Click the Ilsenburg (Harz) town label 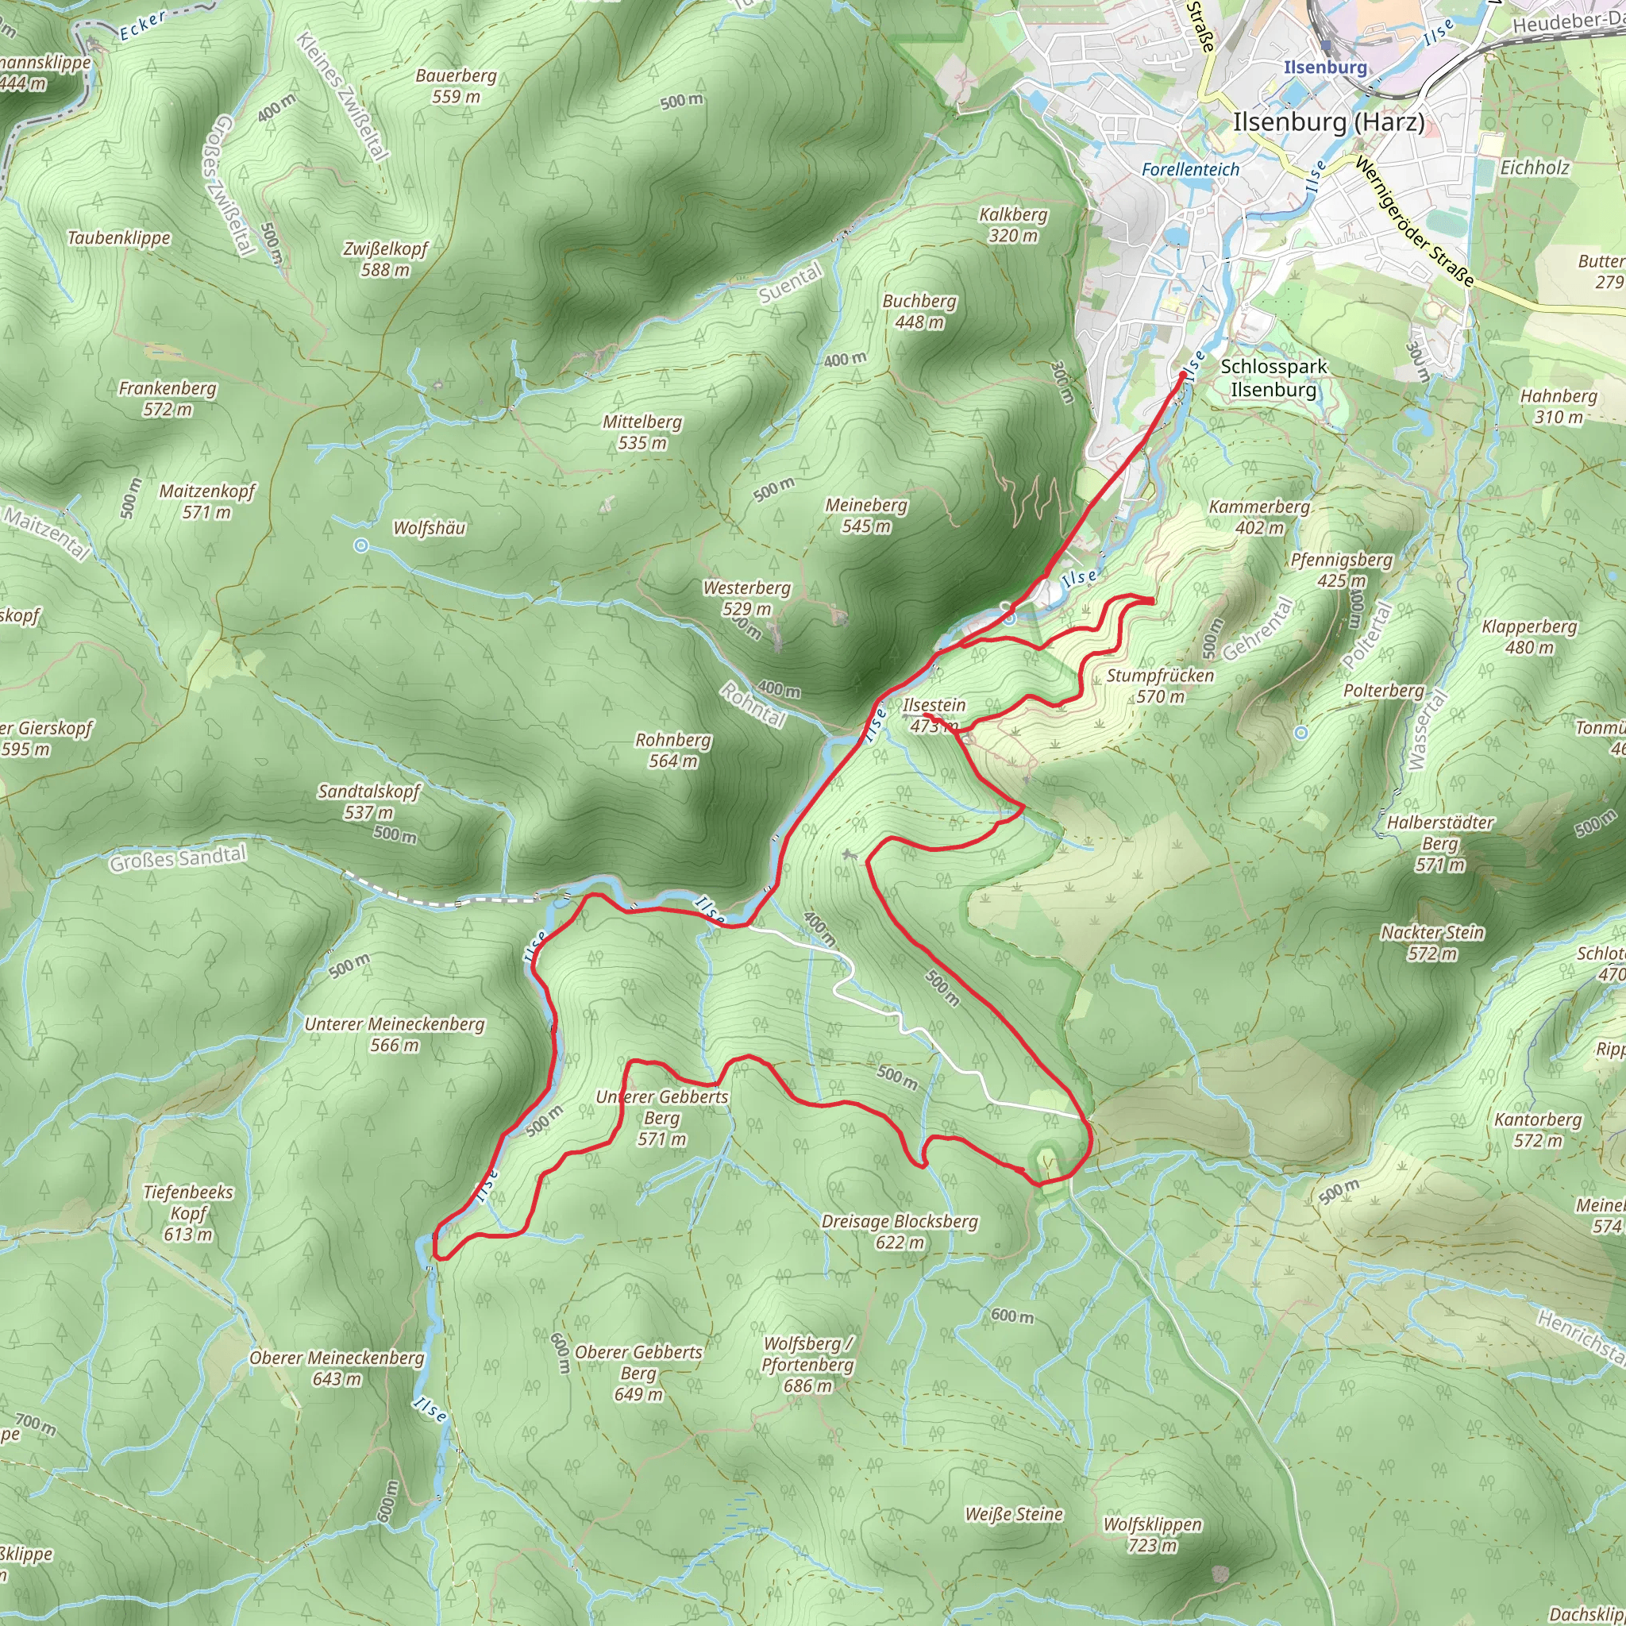click(x=1329, y=122)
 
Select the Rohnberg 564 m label click(x=672, y=749)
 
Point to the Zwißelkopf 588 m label click(x=384, y=259)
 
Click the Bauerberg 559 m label click(x=457, y=86)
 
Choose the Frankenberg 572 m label click(x=168, y=398)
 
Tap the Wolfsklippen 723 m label click(x=1152, y=1534)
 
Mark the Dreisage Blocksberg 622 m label click(x=899, y=1231)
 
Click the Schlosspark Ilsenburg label click(x=1273, y=378)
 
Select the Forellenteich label click(x=1190, y=170)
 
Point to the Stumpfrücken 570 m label click(x=1160, y=685)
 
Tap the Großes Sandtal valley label click(x=179, y=858)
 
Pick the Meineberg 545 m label click(x=866, y=515)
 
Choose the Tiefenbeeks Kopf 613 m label click(x=187, y=1213)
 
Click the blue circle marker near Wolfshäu click(x=361, y=545)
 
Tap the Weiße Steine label click(x=1013, y=1514)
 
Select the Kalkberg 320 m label click(x=1012, y=225)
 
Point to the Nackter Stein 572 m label click(x=1431, y=942)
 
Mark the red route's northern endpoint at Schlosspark click(x=1182, y=376)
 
